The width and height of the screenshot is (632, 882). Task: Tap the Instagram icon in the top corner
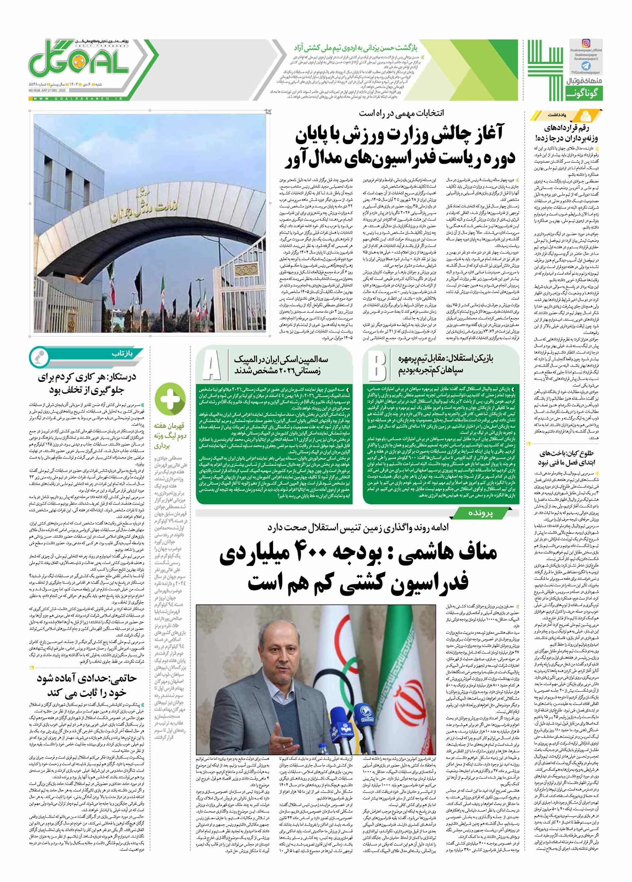(586, 43)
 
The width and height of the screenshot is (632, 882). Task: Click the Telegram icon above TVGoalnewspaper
(586, 66)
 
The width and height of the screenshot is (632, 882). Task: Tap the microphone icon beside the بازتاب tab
(39, 356)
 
